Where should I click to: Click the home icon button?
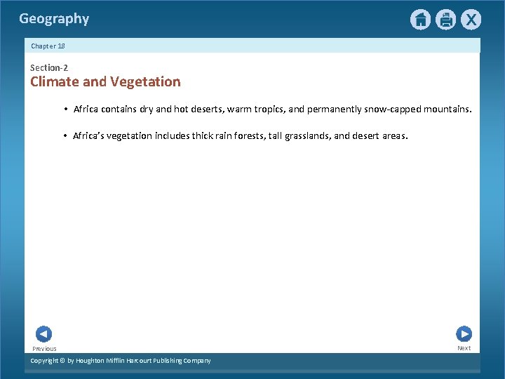click(x=420, y=20)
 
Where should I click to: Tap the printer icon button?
click(x=445, y=20)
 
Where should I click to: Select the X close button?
click(x=471, y=20)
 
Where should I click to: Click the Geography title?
click(x=54, y=19)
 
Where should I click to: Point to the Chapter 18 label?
click(x=48, y=46)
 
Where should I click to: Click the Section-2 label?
click(x=49, y=67)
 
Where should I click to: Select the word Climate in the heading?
click(x=55, y=81)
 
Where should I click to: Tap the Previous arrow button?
click(x=43, y=334)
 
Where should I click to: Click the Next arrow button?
click(x=464, y=334)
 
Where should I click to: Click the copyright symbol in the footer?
click(x=62, y=361)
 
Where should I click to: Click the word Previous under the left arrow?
click(x=44, y=349)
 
